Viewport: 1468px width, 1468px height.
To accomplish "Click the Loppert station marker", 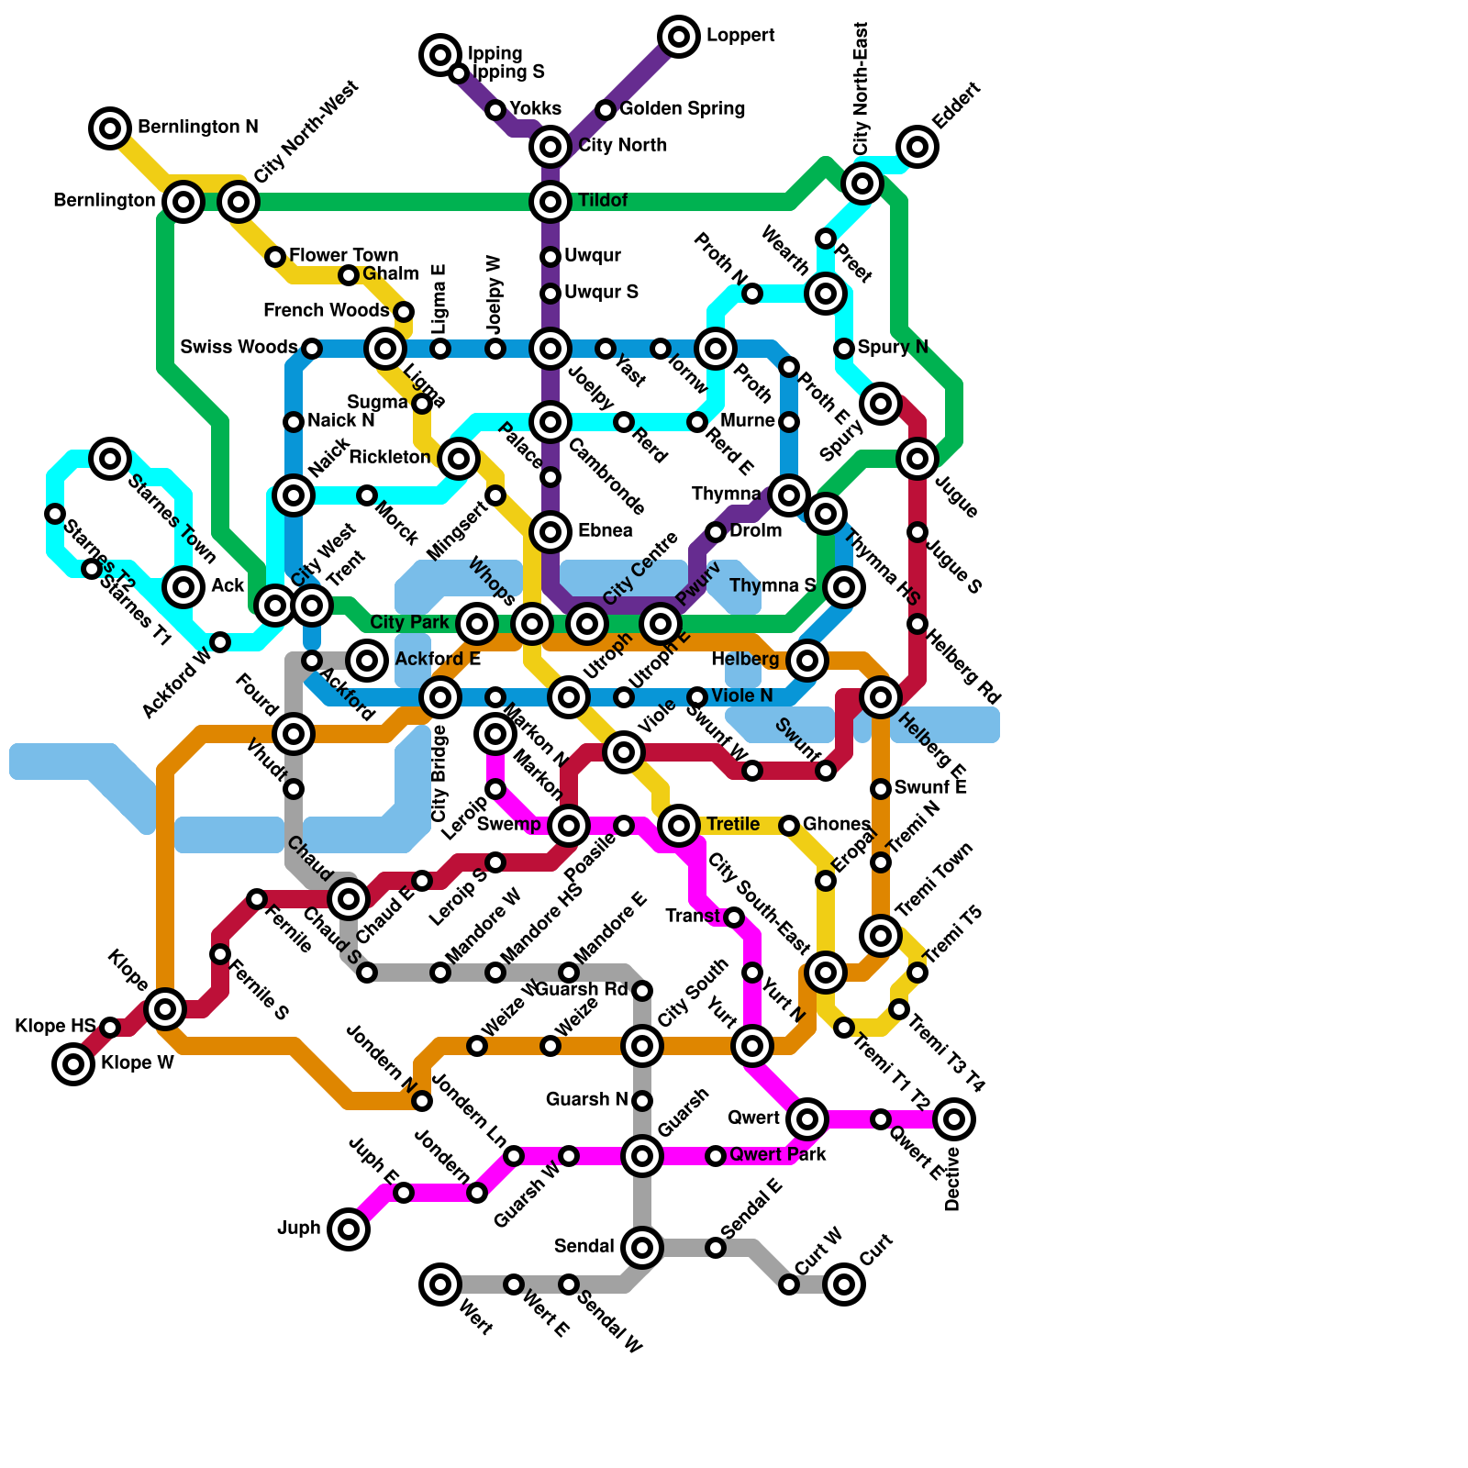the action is [x=679, y=37].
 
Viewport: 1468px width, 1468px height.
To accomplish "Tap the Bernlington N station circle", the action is [x=110, y=128].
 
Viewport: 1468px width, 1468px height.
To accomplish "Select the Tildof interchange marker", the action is [x=550, y=201].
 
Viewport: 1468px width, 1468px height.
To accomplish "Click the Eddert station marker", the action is [x=917, y=146].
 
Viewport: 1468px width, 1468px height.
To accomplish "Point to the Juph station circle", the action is [x=349, y=1229].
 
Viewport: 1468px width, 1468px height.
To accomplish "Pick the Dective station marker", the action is [x=954, y=1118].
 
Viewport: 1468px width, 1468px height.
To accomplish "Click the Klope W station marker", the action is [x=73, y=1064].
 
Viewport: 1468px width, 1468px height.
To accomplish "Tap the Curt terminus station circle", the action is [x=844, y=1284].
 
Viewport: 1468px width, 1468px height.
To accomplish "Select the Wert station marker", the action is [x=440, y=1284].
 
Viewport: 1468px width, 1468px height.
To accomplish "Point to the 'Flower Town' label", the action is [x=343, y=255].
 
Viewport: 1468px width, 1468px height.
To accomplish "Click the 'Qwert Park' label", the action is [x=778, y=1155].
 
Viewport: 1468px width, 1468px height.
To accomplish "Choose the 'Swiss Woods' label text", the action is [x=239, y=348].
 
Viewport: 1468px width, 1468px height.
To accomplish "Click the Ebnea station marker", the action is [x=550, y=531].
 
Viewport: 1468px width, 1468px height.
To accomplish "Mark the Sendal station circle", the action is [x=642, y=1247].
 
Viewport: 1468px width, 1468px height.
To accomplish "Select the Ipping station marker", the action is [x=440, y=55].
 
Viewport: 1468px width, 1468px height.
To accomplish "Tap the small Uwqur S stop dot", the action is [x=550, y=294].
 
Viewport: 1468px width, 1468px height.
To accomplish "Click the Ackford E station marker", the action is [x=367, y=660].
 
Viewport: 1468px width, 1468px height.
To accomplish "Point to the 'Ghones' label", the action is [x=836, y=825].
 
